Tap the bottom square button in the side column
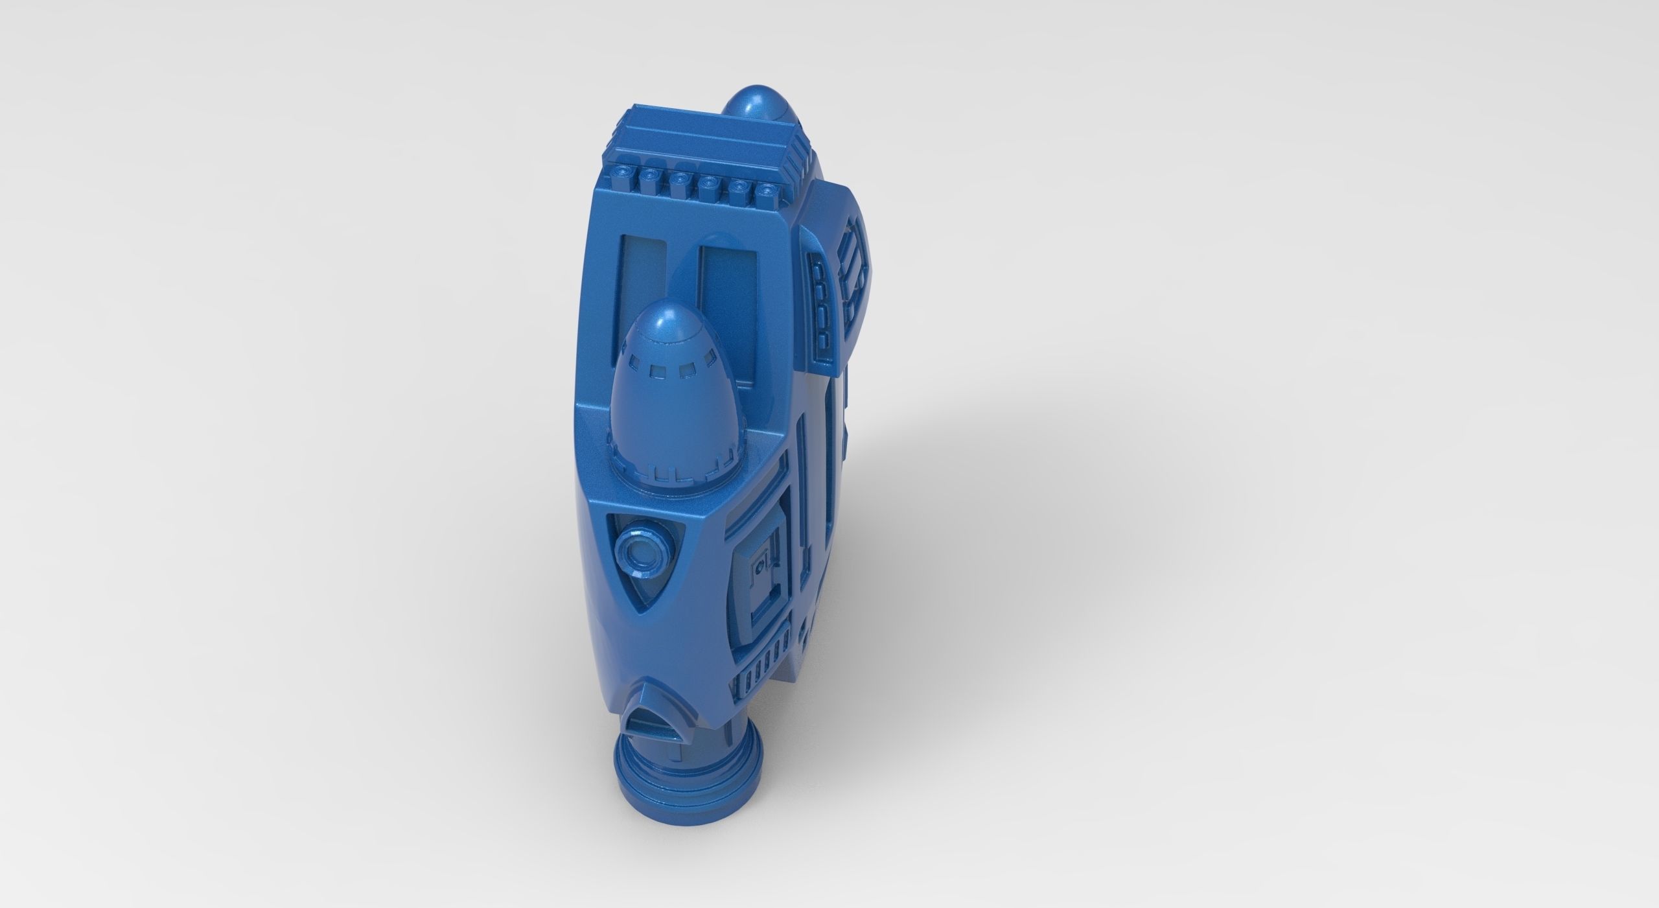pyautogui.click(x=824, y=339)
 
